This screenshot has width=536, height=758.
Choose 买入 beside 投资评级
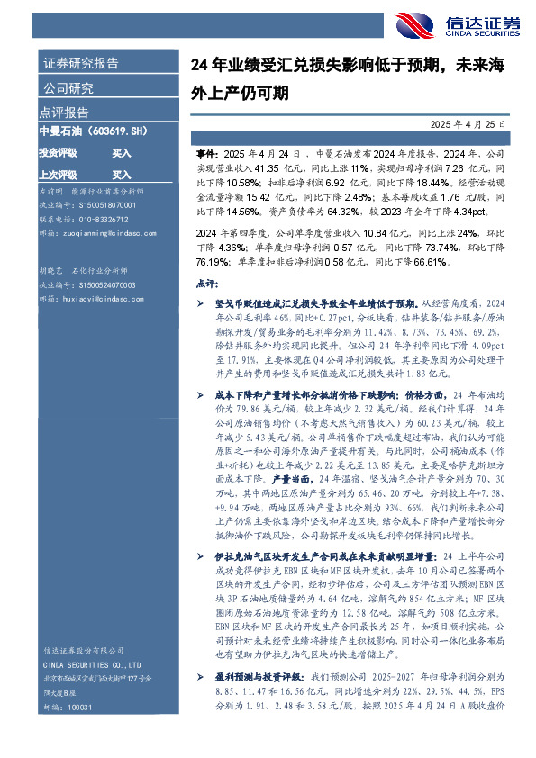[122, 153]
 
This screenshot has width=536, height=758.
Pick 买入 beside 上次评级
[122, 174]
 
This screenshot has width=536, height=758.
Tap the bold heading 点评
[206, 283]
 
